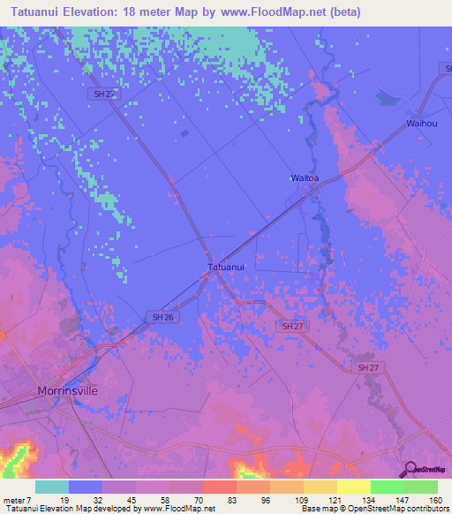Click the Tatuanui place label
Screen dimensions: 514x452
click(225, 266)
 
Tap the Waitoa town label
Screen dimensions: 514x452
click(305, 178)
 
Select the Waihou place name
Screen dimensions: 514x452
click(422, 123)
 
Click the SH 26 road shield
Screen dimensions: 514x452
click(159, 316)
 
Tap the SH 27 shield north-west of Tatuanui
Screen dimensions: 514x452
click(103, 94)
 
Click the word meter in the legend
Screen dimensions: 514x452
click(17, 499)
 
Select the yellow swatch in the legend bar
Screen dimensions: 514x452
click(353, 487)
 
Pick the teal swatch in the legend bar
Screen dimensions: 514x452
click(52, 487)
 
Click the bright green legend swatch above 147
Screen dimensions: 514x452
click(387, 487)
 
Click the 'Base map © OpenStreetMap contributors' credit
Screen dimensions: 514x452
click(373, 509)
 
